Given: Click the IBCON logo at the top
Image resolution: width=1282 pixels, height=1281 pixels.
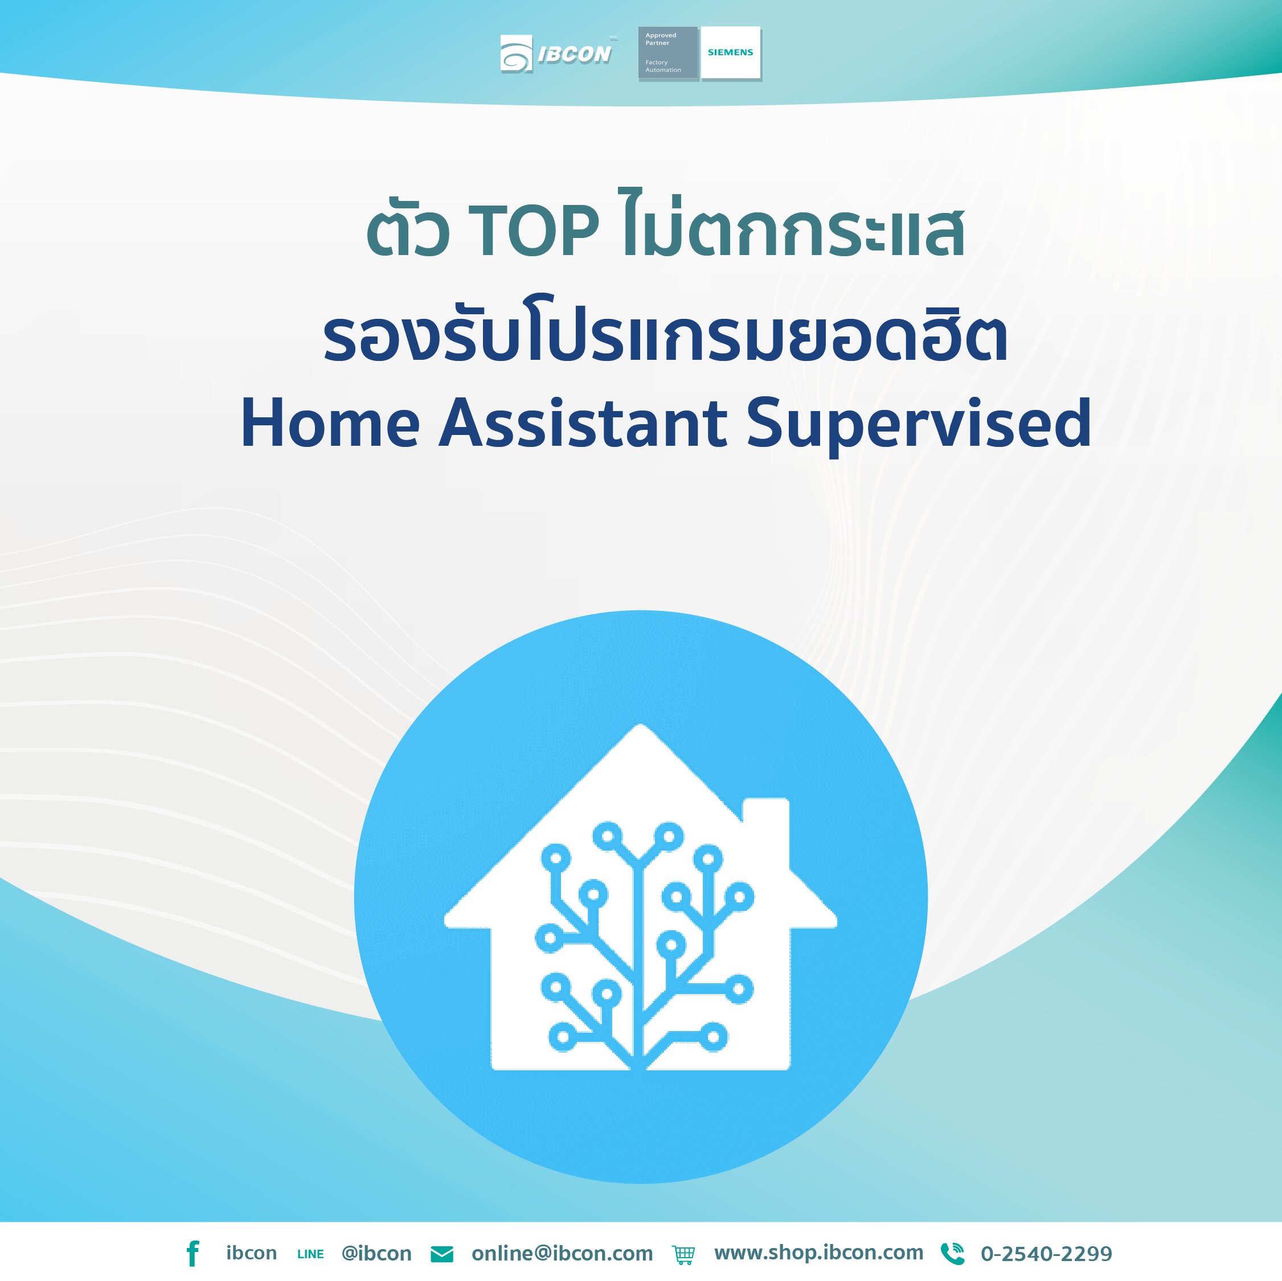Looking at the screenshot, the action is click(x=555, y=54).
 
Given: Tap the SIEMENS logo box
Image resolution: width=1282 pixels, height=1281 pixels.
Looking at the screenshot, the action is click(x=731, y=53).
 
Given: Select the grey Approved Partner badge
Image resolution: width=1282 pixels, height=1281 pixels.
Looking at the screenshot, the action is click(x=667, y=53).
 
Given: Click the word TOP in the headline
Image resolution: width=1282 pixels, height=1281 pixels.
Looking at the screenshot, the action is click(x=534, y=230).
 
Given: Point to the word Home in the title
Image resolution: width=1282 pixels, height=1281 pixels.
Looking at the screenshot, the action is click(x=330, y=422).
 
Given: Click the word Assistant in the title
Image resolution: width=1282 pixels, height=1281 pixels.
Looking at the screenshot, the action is click(x=583, y=422).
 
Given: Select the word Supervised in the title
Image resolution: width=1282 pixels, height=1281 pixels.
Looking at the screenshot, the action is click(x=919, y=425).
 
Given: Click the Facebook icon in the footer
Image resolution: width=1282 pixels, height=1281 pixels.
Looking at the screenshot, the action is click(x=192, y=1253).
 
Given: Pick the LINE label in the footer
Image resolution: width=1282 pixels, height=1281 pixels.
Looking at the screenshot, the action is click(x=310, y=1254).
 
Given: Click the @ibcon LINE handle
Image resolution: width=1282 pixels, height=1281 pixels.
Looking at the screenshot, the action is click(x=376, y=1253).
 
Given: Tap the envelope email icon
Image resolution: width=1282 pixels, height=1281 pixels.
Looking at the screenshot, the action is click(x=442, y=1254).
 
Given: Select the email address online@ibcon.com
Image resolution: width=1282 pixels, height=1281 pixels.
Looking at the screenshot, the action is click(x=562, y=1253).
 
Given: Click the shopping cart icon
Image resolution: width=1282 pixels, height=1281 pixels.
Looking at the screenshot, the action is click(x=683, y=1254).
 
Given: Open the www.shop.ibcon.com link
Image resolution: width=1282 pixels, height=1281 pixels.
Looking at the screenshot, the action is click(x=819, y=1253).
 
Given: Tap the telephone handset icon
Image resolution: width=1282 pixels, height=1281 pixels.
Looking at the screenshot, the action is click(x=952, y=1253).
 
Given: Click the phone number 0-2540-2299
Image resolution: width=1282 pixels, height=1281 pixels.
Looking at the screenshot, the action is click(x=1046, y=1254).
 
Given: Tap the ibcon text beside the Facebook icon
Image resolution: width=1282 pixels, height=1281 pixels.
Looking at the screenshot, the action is click(x=252, y=1253).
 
